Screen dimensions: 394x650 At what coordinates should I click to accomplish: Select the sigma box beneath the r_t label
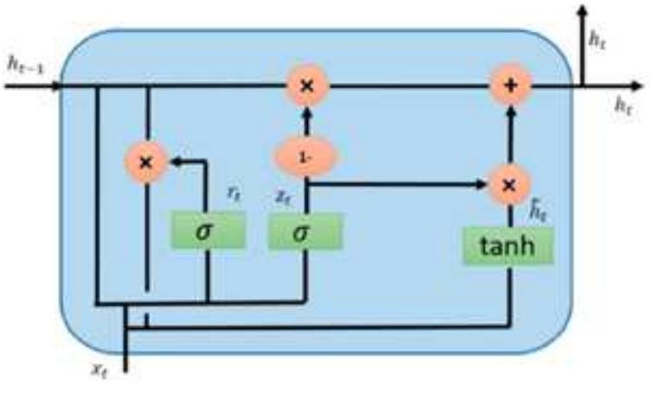point(208,232)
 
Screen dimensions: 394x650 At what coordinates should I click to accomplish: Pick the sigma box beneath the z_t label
point(305,232)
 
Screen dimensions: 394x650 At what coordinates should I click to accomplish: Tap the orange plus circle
point(510,86)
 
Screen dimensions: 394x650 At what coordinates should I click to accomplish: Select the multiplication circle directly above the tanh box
point(510,184)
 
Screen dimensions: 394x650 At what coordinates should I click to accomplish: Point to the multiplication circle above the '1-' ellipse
point(305,86)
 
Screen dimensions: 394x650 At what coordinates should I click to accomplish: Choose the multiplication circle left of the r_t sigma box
point(147,161)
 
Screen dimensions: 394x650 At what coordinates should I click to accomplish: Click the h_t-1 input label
point(24,62)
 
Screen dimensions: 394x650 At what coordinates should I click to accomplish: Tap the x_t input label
point(101,369)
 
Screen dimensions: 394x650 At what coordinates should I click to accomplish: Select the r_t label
point(232,195)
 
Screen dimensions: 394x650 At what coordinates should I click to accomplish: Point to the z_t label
point(282,198)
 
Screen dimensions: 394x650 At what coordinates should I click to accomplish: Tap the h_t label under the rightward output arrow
point(623,106)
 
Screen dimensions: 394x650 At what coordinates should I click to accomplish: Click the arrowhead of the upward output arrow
point(582,12)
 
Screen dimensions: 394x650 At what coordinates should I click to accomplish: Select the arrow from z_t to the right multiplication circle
point(398,184)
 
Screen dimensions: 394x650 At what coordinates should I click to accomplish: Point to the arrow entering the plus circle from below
point(510,130)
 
